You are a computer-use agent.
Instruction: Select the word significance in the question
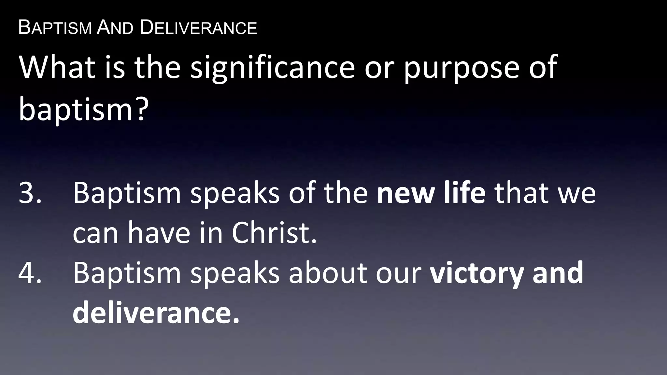tap(273, 68)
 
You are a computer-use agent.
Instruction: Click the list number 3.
tap(30, 193)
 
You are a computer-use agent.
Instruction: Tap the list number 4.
tap(30, 272)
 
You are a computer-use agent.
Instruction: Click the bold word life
tap(464, 193)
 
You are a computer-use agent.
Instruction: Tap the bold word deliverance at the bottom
tap(156, 312)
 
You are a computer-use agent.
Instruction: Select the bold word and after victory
tap(558, 272)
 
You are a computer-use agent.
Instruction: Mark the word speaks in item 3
tap(234, 193)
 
